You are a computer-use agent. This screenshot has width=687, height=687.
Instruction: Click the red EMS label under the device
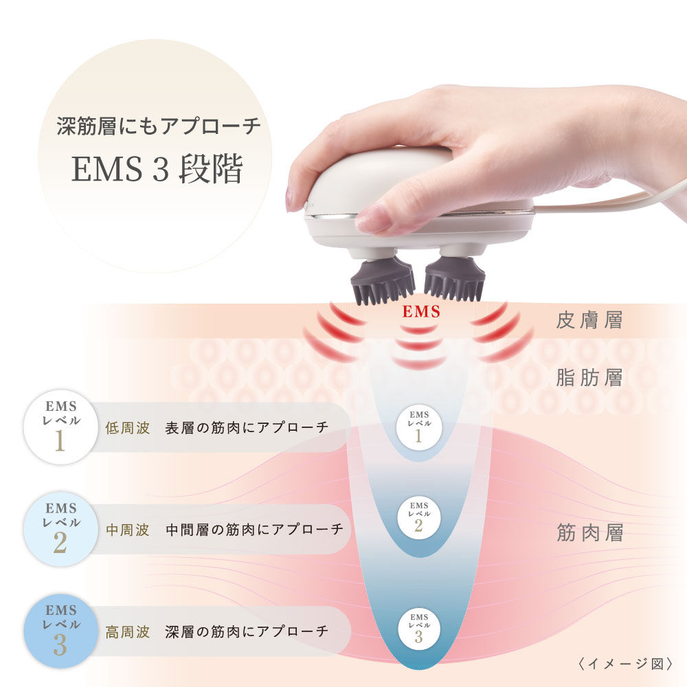click(421, 312)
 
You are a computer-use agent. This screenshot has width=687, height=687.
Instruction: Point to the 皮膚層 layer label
click(589, 321)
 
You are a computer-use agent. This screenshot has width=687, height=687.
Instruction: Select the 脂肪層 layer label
click(589, 377)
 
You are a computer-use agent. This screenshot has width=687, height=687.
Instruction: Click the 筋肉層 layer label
click(589, 533)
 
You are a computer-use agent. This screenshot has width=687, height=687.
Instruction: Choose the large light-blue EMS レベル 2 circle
click(59, 530)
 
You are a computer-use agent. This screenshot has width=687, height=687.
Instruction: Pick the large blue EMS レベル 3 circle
click(59, 631)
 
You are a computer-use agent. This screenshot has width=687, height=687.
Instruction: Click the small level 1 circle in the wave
click(419, 426)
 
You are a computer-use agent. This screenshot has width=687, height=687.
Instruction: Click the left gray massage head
click(383, 278)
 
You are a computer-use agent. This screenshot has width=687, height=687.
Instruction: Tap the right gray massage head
click(454, 278)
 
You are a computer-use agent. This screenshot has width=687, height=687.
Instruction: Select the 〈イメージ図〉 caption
click(623, 664)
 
